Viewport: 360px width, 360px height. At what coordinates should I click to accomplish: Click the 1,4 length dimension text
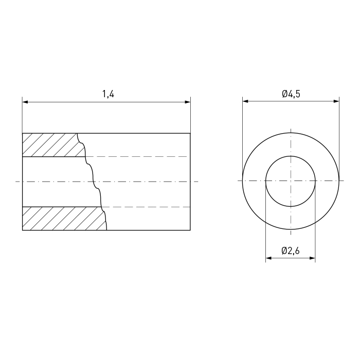108,94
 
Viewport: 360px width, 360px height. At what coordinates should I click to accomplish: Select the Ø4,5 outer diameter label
291,94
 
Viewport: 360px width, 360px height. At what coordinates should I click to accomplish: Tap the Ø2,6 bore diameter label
291,251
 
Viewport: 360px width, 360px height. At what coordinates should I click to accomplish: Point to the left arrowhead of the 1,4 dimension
25,102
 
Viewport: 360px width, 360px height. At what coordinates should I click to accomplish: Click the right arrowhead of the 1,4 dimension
188,102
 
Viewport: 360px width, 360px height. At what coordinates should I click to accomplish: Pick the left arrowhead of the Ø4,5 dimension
245,101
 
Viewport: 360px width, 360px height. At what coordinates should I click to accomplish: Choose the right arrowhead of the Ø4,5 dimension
336,101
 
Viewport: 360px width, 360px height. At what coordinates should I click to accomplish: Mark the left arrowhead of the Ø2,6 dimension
268,258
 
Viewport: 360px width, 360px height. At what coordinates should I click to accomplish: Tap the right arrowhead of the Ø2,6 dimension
312,258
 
